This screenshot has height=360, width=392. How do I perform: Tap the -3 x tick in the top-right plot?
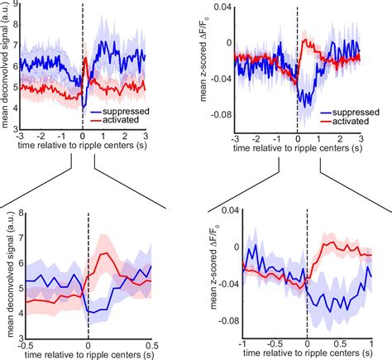click(235, 142)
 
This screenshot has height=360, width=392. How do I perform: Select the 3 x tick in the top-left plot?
click(146, 142)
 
